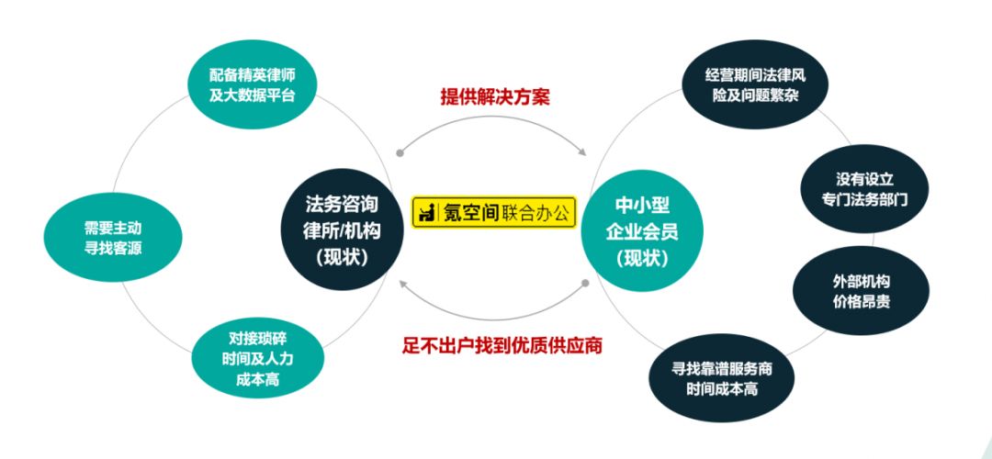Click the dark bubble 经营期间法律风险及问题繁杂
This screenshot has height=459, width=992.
tap(756, 84)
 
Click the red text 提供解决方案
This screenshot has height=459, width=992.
tap(495, 96)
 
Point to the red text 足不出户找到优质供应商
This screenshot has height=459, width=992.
tap(495, 346)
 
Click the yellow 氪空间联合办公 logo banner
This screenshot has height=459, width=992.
tap(494, 212)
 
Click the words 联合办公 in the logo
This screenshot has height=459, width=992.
tap(535, 213)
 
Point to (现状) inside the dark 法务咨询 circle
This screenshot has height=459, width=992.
tap(341, 258)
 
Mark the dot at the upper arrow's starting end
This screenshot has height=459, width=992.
tap(399, 154)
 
